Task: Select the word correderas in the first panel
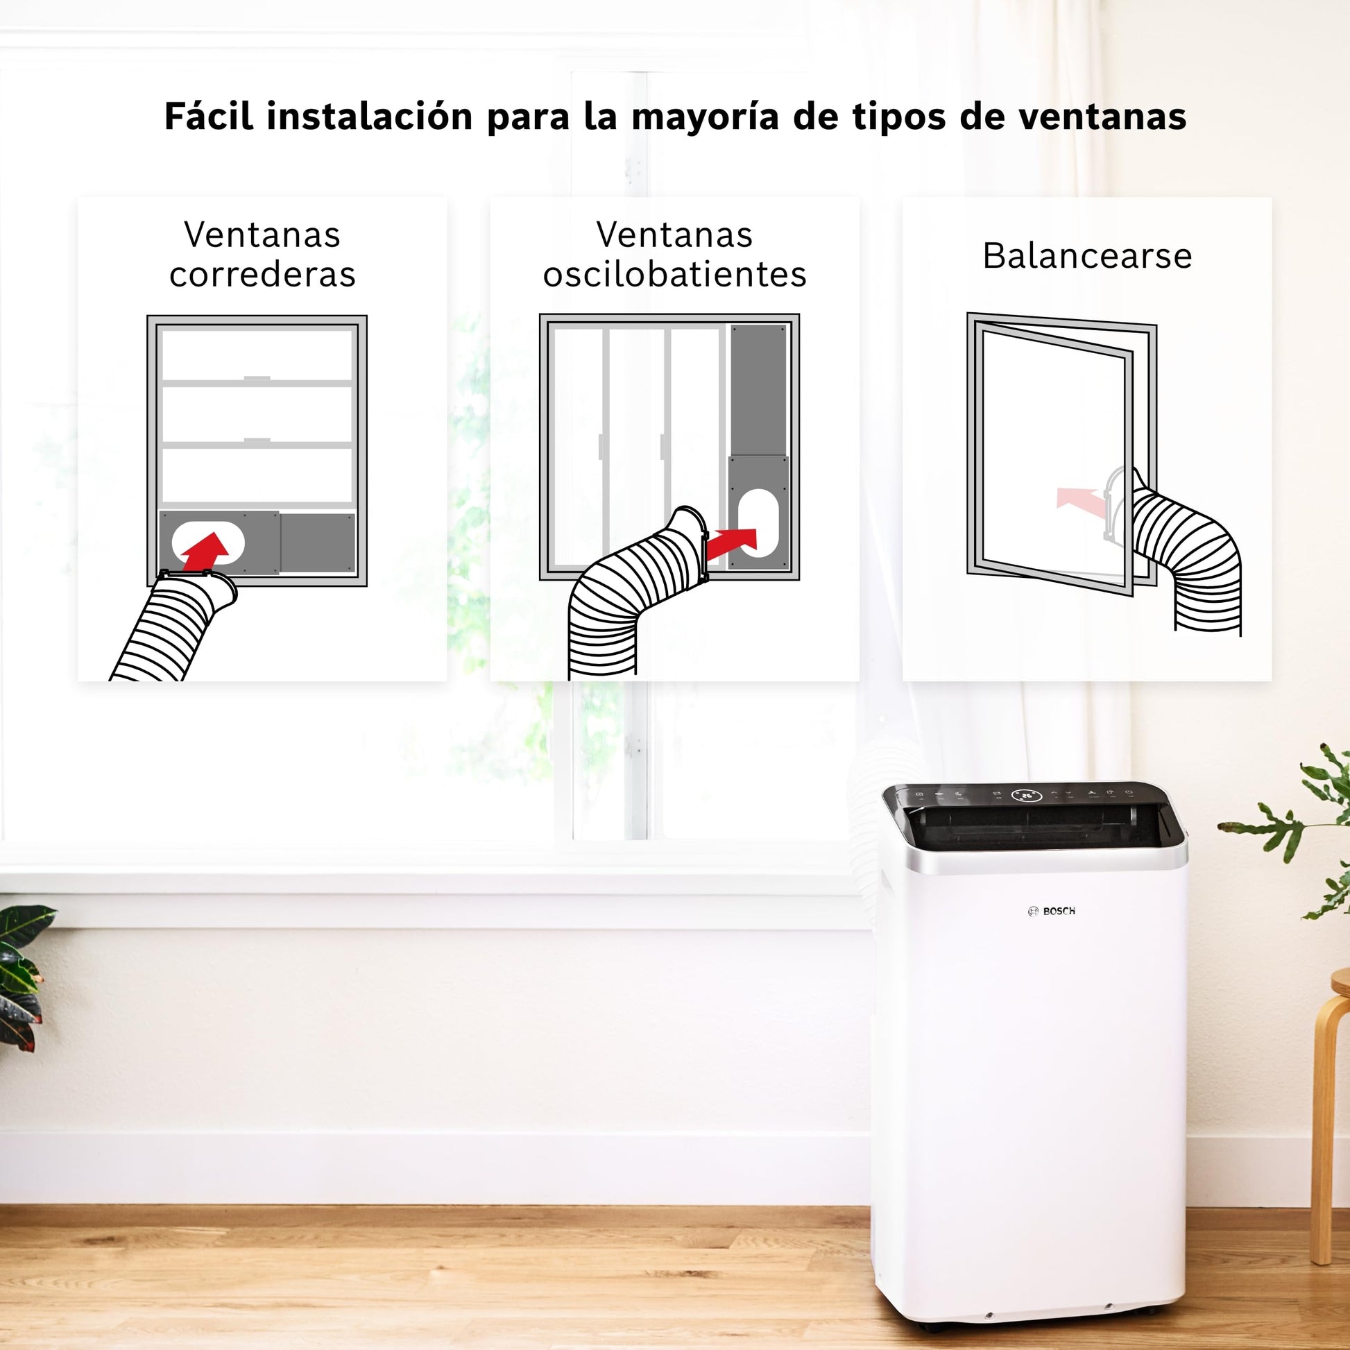pyautogui.click(x=262, y=274)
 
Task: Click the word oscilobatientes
pyautogui.click(x=675, y=274)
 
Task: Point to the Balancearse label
pyautogui.click(x=1087, y=255)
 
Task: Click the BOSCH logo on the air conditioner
pyautogui.click(x=1052, y=911)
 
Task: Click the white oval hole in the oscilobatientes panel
pyautogui.click(x=758, y=522)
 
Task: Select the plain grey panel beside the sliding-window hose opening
pyautogui.click(x=318, y=543)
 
